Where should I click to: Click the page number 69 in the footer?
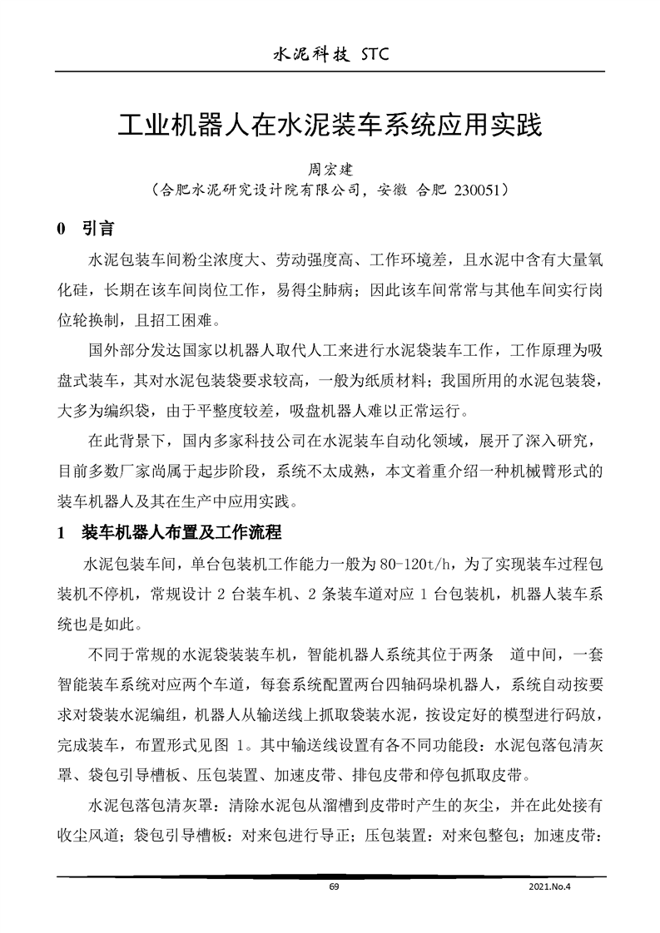pyautogui.click(x=334, y=887)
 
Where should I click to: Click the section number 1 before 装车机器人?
pyautogui.click(x=60, y=533)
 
